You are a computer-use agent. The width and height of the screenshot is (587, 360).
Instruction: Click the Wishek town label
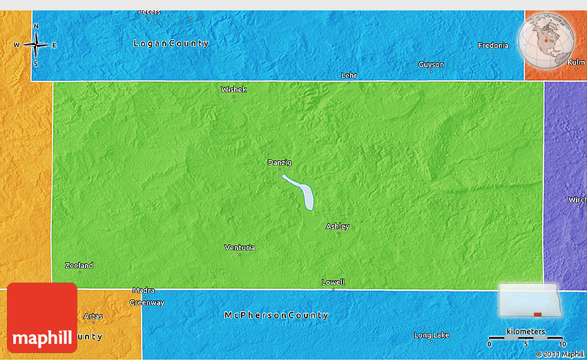pyautogui.click(x=233, y=89)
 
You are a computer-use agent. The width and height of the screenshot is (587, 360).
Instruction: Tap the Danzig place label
pyautogui.click(x=280, y=162)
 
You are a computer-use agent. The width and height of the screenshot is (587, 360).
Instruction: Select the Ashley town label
pyautogui.click(x=338, y=226)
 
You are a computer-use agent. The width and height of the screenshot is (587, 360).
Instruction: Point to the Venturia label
pyautogui.click(x=240, y=247)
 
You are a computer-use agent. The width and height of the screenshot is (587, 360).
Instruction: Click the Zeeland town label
pyautogui.click(x=79, y=265)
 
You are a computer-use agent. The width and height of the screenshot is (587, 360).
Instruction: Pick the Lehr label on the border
pyautogui.click(x=349, y=75)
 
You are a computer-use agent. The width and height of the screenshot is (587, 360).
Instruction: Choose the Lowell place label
pyautogui.click(x=333, y=282)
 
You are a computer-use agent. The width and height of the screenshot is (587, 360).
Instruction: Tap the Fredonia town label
pyautogui.click(x=493, y=46)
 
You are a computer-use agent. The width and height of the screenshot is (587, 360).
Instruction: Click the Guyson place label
pyautogui.click(x=431, y=64)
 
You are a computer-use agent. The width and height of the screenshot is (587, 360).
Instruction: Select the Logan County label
pyautogui.click(x=171, y=44)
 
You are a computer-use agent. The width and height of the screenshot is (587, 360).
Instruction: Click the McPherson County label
pyautogui.click(x=276, y=315)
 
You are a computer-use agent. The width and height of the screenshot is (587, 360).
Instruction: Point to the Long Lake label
pyautogui.click(x=432, y=335)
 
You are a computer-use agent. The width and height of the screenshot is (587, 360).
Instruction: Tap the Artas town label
pyautogui.click(x=93, y=316)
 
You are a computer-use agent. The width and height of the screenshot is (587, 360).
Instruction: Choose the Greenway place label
pyautogui.click(x=147, y=303)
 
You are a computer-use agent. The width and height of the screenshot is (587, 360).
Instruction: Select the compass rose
pyautogui.click(x=36, y=45)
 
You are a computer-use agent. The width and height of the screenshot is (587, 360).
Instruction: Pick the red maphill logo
pyautogui.click(x=42, y=318)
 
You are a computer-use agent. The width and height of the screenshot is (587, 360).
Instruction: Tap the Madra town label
pyautogui.click(x=144, y=290)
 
